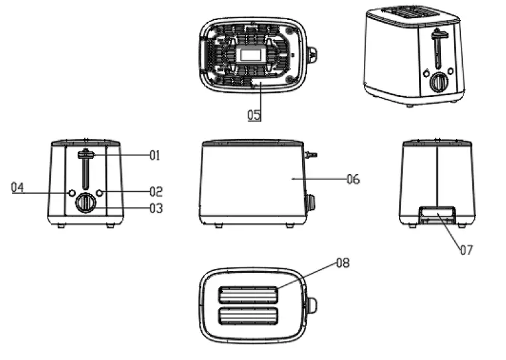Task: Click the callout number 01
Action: [155, 155]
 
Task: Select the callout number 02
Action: [155, 192]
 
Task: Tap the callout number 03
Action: [155, 209]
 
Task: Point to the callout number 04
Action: [17, 188]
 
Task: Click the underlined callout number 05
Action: [254, 114]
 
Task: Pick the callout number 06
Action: [353, 179]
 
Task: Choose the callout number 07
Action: [467, 250]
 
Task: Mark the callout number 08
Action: [343, 263]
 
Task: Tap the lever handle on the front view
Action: [86, 155]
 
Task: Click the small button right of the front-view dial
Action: [100, 193]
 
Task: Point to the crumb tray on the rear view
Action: [436, 214]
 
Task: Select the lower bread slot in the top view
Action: [248, 317]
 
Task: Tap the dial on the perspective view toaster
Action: [438, 82]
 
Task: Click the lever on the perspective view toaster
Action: [439, 35]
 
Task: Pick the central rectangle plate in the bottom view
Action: [252, 54]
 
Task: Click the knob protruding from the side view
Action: [309, 202]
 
